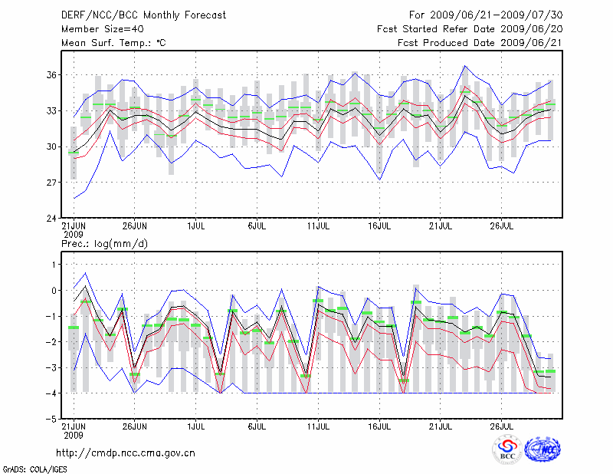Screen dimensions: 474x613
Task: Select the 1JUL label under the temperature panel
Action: pyautogui.click(x=196, y=226)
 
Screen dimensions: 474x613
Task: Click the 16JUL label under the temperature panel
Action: pyautogui.click(x=379, y=226)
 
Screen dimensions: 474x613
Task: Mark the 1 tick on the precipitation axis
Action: pyautogui.click(x=53, y=265)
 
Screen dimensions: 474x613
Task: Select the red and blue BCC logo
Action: pyautogui.click(x=507, y=450)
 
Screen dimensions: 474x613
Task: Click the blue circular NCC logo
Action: pyautogui.click(x=542, y=450)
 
